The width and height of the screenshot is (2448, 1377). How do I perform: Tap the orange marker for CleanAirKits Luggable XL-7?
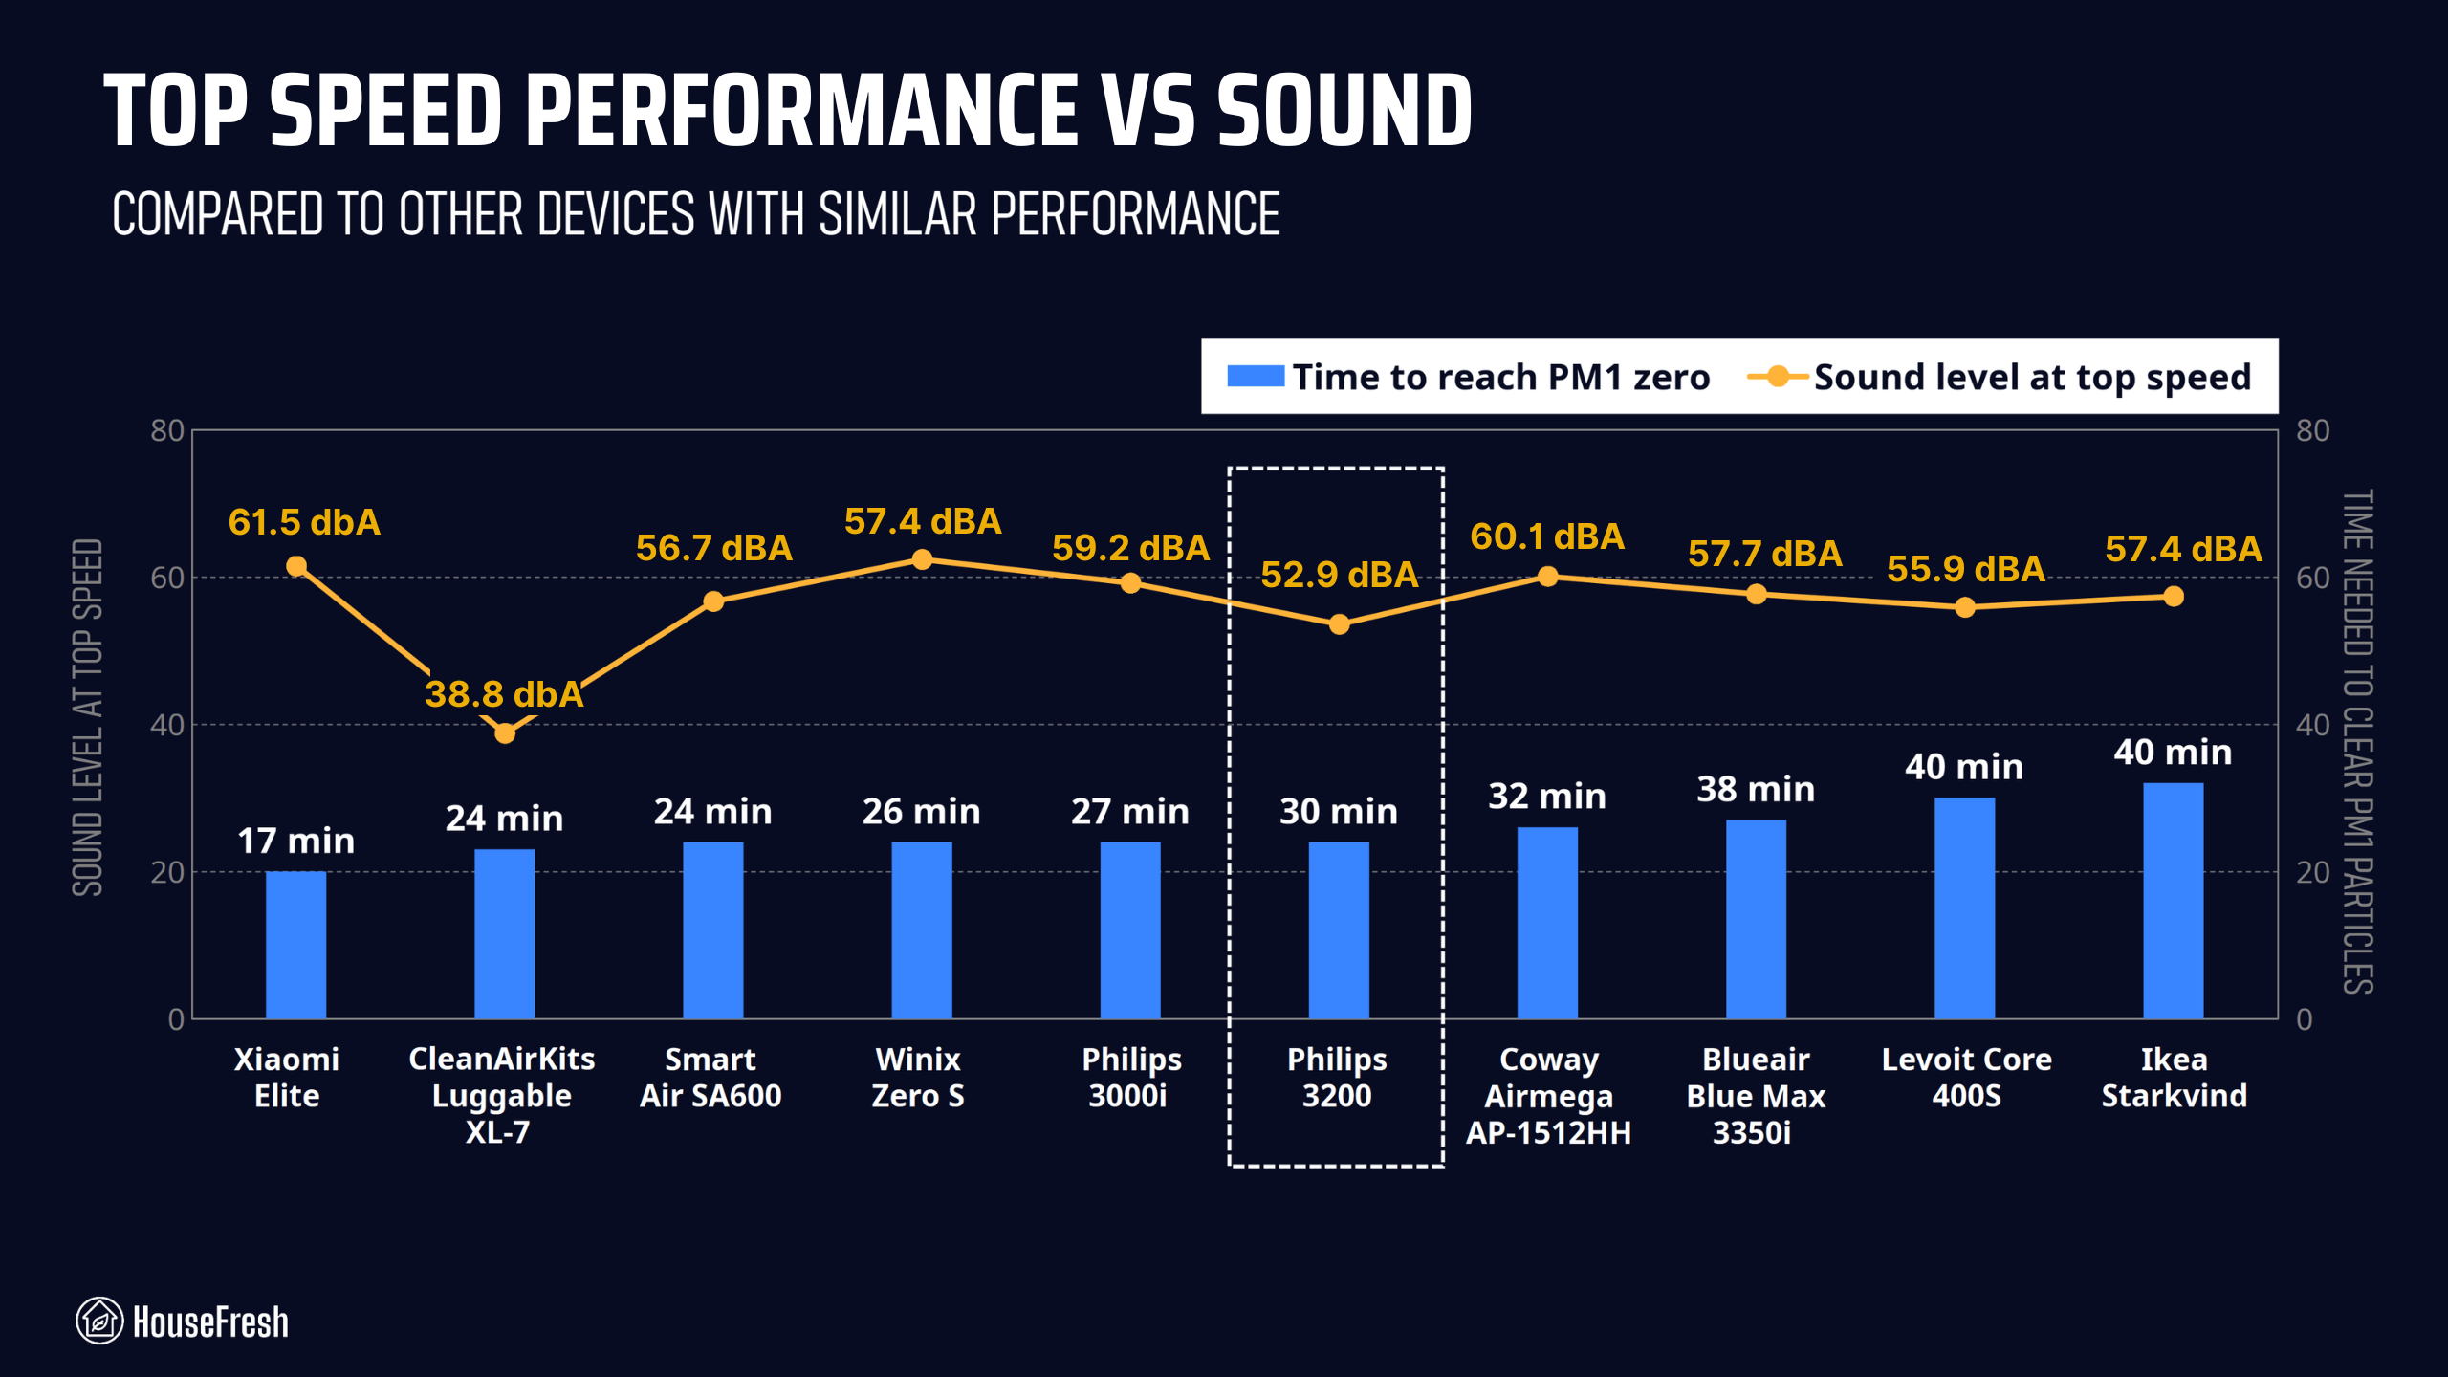click(x=505, y=733)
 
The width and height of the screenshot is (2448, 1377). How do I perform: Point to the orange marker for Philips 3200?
click(x=1339, y=624)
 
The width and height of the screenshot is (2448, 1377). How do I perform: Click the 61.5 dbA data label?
click(x=304, y=522)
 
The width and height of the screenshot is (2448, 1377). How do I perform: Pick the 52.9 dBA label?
click(x=1339, y=575)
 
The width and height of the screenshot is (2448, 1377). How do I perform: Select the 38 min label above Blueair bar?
click(x=1756, y=789)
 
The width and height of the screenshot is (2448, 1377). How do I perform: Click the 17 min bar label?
click(x=295, y=841)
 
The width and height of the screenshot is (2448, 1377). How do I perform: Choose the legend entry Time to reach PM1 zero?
click(x=1469, y=377)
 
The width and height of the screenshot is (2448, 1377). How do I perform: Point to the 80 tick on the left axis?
click(x=167, y=430)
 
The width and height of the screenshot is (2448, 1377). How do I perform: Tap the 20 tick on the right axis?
click(x=2312, y=872)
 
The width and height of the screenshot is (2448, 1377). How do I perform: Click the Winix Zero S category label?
click(x=918, y=1077)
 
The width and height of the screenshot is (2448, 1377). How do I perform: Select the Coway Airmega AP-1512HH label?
click(x=1548, y=1095)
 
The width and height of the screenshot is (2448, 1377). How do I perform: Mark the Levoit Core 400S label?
click(x=1966, y=1077)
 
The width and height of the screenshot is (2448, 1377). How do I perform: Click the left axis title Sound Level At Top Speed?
click(x=87, y=717)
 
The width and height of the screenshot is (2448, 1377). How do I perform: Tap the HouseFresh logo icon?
click(x=99, y=1321)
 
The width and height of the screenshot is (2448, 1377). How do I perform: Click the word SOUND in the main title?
click(x=1344, y=111)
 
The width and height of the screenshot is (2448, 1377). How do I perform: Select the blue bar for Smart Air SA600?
click(x=712, y=929)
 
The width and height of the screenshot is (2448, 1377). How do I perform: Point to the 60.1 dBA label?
click(x=1547, y=536)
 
